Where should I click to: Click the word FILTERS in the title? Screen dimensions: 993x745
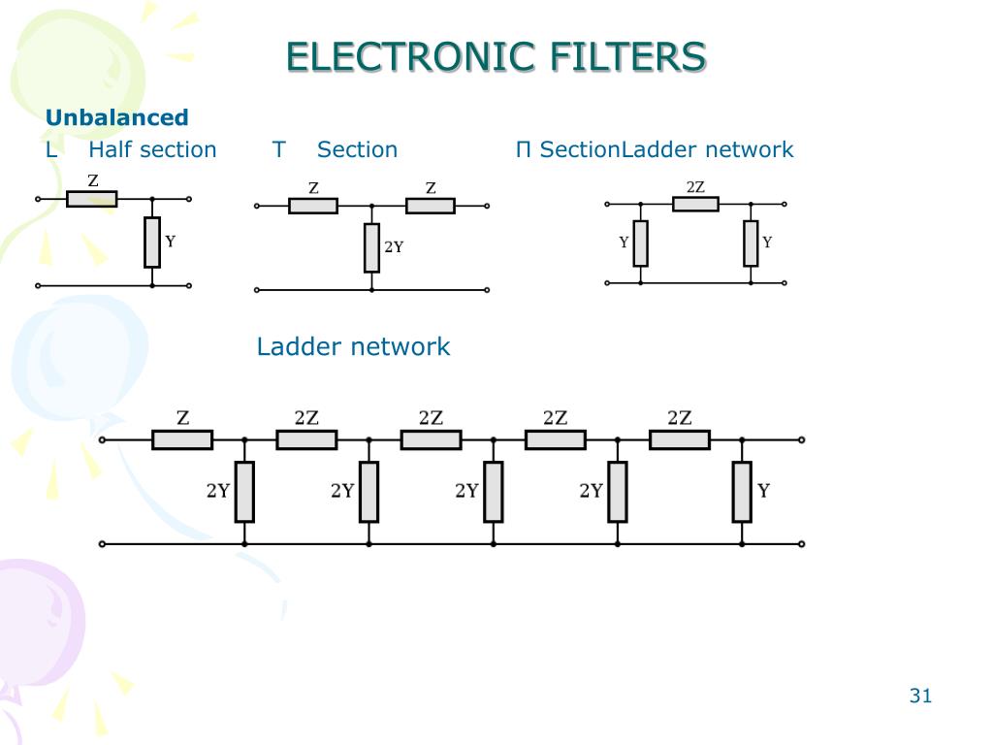627,56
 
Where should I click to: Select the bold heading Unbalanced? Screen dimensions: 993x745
117,117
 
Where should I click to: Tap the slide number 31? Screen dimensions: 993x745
920,696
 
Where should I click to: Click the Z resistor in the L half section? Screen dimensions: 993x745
92,199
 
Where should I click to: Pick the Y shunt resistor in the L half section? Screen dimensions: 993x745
152,242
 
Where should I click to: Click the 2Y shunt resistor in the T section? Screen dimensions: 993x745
371,247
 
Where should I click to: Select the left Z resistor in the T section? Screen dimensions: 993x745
313,206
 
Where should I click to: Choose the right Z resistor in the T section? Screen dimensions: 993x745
430,206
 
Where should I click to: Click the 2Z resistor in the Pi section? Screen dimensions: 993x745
695,204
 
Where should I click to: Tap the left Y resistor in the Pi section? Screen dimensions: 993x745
640,243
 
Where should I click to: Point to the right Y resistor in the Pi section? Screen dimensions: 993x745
751,243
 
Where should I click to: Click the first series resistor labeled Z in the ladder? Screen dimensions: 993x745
182,439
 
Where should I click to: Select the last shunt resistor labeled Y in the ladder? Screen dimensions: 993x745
742,492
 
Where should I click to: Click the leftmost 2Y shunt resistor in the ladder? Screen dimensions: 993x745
244,492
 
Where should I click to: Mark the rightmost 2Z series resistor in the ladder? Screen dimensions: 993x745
680,439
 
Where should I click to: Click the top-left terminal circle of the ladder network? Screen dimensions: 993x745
102,439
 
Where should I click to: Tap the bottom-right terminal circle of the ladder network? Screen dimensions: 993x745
801,543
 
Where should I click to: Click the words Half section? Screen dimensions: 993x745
152,149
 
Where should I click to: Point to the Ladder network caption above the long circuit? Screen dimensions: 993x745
353,346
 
